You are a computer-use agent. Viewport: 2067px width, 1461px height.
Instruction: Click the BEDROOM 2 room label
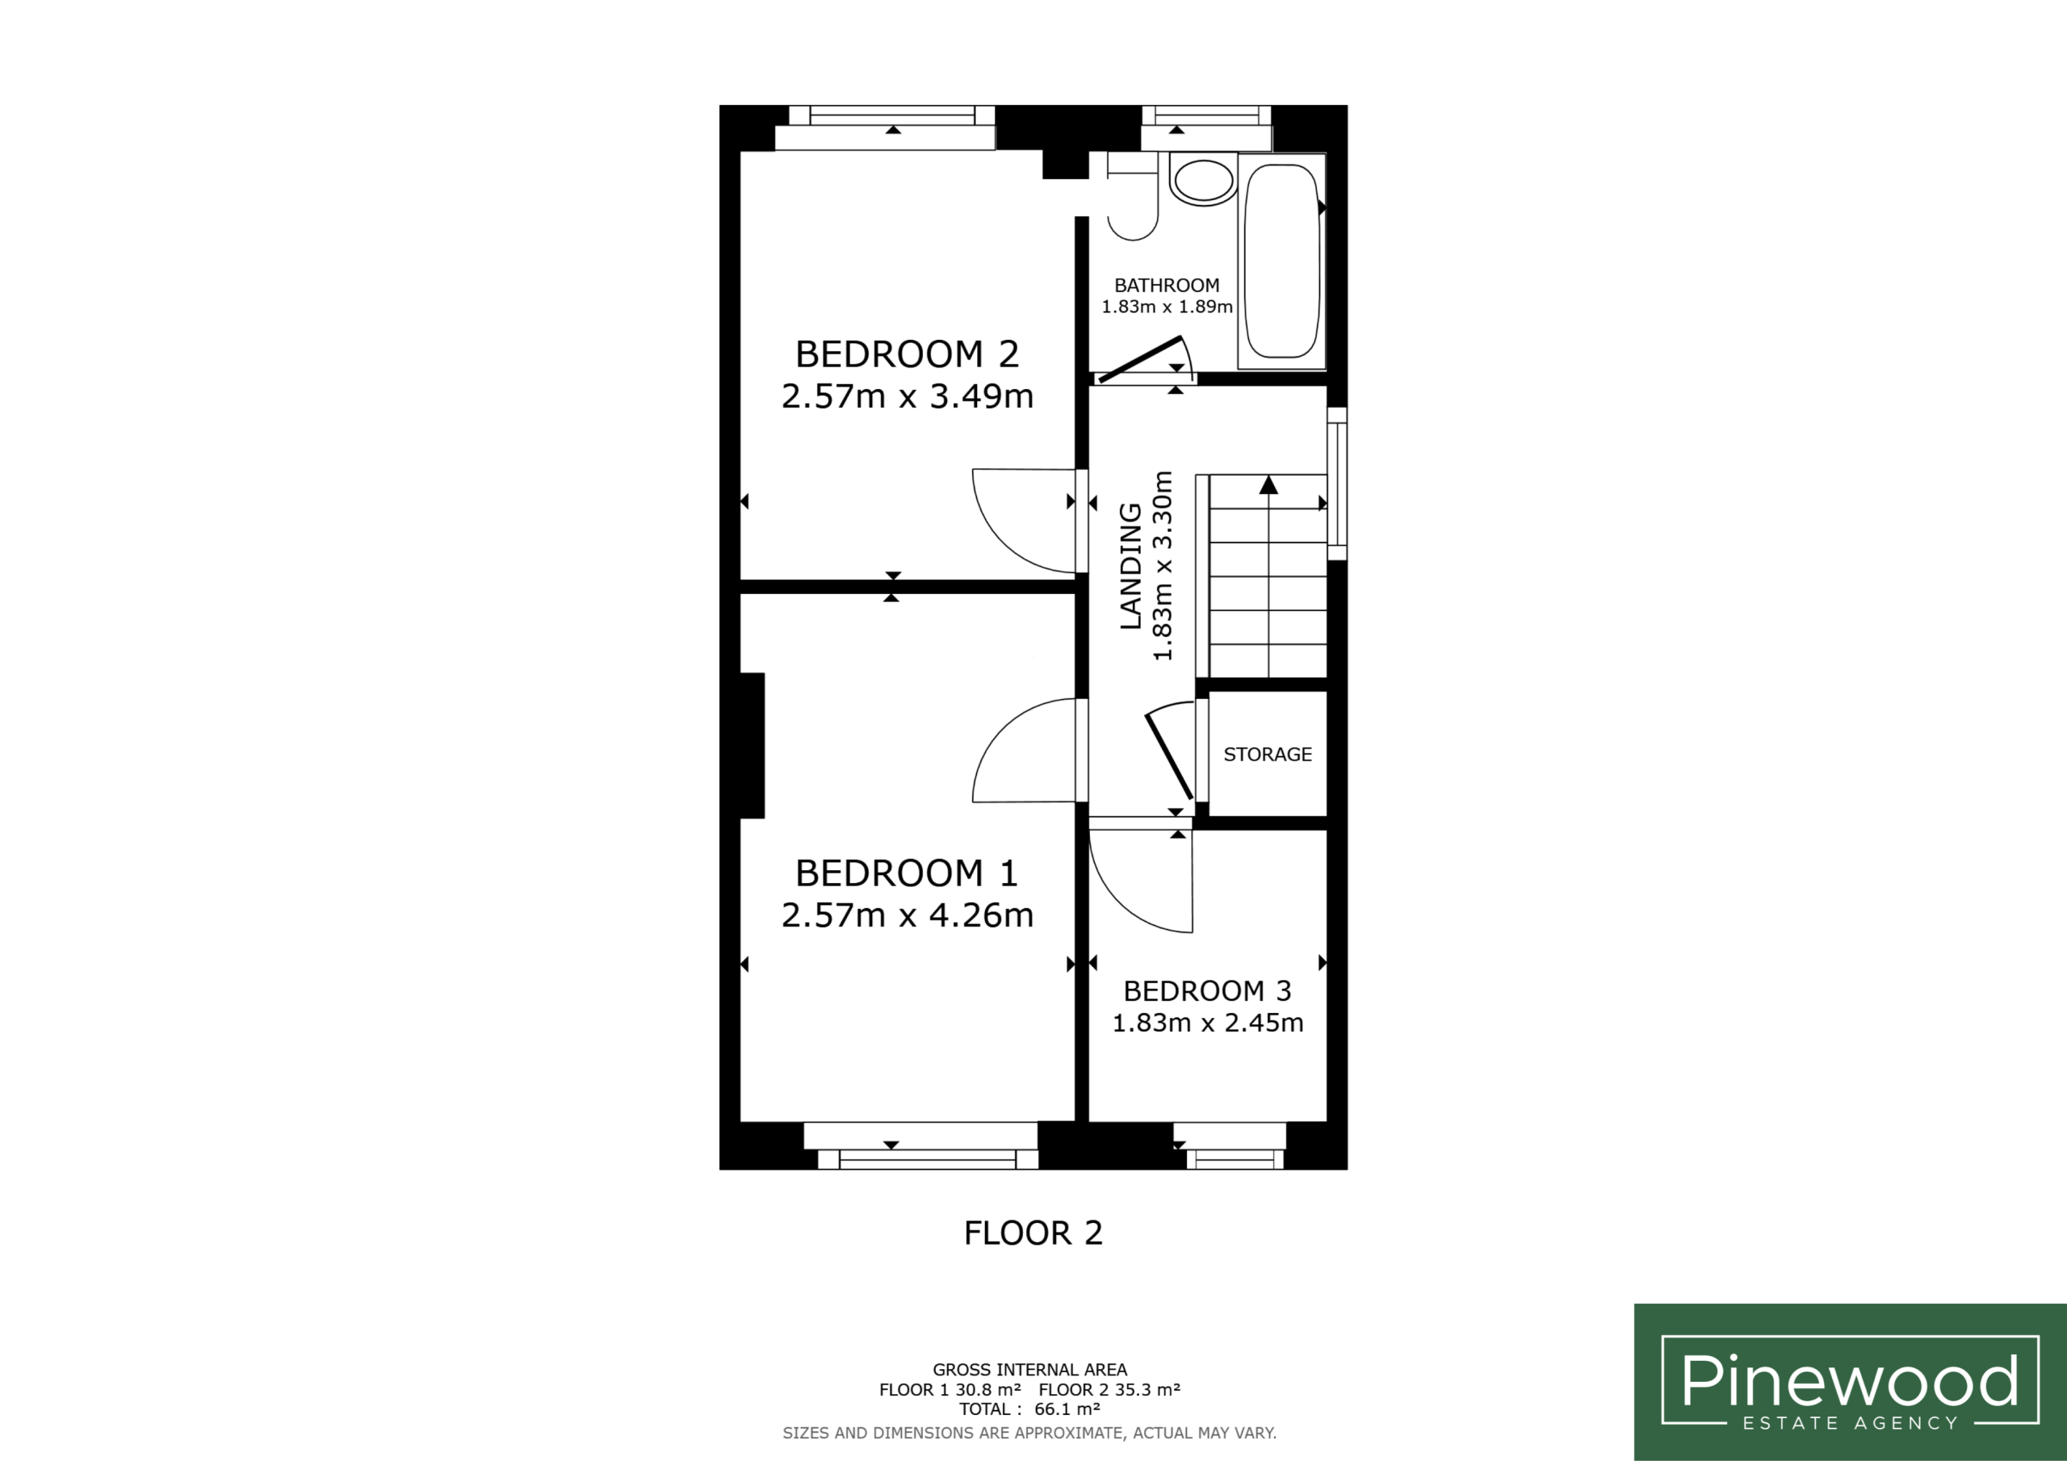click(x=907, y=354)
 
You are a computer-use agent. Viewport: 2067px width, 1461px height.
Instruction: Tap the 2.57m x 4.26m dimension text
click(x=907, y=915)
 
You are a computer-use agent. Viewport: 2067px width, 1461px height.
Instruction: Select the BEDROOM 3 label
click(x=1207, y=991)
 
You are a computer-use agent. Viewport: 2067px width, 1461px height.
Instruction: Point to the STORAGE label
click(x=1268, y=755)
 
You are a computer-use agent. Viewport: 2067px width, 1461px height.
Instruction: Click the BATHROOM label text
click(x=1167, y=286)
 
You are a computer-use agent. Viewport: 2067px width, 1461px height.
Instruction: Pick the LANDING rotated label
click(x=1130, y=566)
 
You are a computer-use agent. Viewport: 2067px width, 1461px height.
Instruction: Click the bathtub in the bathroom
click(x=1282, y=261)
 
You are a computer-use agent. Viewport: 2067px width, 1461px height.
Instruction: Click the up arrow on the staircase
click(x=1268, y=485)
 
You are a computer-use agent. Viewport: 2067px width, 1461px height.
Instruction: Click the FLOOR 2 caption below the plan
click(x=1033, y=1233)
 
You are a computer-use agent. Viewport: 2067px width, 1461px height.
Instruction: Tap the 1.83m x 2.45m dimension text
click(x=1207, y=1023)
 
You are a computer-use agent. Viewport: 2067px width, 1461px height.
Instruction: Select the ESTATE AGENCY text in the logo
click(x=1850, y=1423)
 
